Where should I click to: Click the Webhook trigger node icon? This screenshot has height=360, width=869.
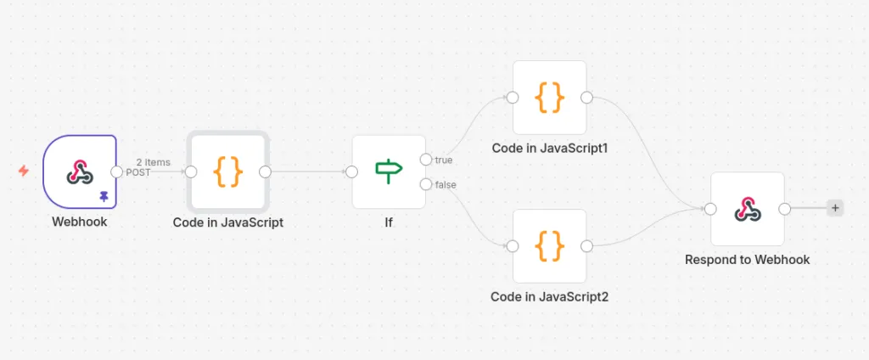coord(80,172)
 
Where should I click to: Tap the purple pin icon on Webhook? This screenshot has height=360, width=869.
coord(104,196)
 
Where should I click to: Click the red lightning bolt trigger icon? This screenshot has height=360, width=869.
coord(24,171)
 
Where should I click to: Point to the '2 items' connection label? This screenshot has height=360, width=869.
coord(153,162)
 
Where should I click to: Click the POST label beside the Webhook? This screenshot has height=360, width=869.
coord(138,172)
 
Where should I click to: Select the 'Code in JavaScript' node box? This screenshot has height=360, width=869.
coord(227,172)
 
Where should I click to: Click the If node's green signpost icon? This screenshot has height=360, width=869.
coord(389,172)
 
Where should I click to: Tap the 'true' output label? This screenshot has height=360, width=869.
coord(444,160)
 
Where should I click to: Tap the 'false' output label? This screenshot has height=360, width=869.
coord(446,184)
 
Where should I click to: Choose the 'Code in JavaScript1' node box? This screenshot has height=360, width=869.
coord(549,98)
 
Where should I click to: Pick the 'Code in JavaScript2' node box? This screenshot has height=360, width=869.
coord(549,246)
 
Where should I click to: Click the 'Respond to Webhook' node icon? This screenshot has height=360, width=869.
coord(747,208)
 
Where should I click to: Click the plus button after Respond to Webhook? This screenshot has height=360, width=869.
coord(835,208)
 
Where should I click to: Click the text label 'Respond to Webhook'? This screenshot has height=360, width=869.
coord(747,260)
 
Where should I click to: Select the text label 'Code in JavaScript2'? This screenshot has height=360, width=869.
coord(549,297)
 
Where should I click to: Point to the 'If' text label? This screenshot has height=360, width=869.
coord(388,222)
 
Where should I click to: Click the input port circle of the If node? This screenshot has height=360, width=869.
coord(352,172)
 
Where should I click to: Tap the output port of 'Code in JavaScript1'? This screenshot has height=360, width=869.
coord(586,98)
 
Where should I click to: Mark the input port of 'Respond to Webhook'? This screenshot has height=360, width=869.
coord(711,209)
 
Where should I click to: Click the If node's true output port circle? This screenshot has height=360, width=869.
coord(425,160)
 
